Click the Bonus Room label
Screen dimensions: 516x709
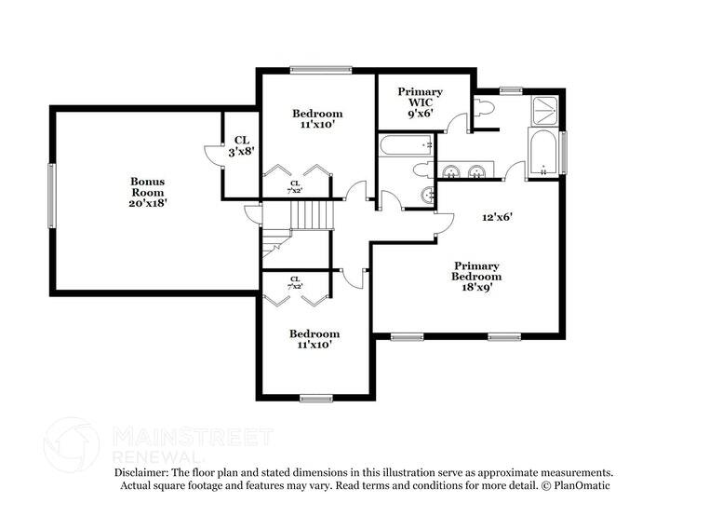click(147, 186)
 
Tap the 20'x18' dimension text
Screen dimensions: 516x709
click(147, 202)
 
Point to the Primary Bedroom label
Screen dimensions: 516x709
click(476, 271)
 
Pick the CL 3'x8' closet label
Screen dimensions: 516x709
click(241, 145)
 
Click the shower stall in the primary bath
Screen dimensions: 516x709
click(545, 112)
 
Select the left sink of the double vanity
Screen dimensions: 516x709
click(453, 170)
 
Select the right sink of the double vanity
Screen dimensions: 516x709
click(478, 170)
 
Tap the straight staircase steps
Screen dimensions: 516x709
click(313, 216)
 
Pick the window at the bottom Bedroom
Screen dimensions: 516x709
click(316, 399)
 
